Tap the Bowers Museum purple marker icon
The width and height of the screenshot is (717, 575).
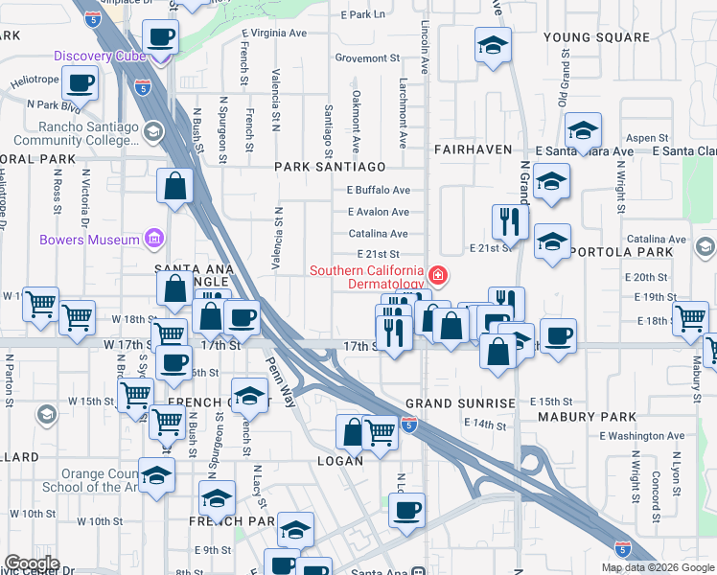152,239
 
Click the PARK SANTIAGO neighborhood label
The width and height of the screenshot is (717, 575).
330,167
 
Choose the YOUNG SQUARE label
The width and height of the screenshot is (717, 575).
595,37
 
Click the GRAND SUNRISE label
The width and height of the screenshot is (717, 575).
460,403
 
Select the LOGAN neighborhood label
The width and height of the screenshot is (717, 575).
340,461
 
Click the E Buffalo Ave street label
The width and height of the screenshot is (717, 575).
379,190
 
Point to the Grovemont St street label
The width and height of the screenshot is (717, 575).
367,57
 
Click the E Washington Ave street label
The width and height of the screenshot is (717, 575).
642,436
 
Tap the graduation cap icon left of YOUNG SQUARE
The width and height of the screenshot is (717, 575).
493,44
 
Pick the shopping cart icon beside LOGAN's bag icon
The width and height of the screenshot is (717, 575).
382,433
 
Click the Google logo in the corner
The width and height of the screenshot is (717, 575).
32,563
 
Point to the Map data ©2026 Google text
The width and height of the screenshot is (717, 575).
658,567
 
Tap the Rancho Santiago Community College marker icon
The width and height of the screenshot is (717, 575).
152,131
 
